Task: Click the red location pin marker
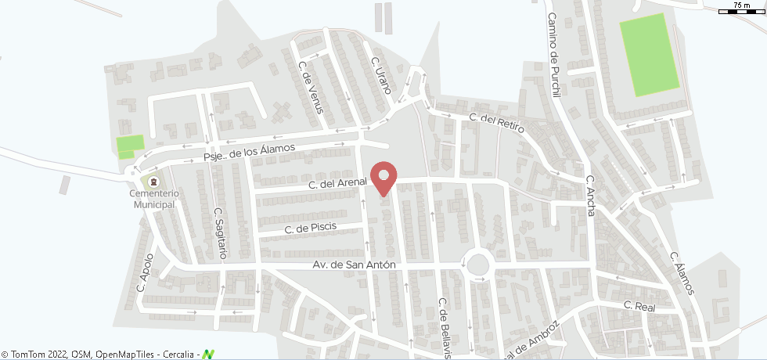click(383, 177)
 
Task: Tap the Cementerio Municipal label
click(154, 199)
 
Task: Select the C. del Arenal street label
click(337, 185)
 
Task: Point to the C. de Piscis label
click(311, 229)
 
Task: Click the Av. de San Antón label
click(354, 265)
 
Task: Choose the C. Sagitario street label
click(220, 232)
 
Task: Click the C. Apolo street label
click(146, 272)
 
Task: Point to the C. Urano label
click(380, 75)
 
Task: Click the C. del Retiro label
click(495, 123)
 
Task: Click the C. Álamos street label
click(681, 273)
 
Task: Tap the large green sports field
click(649, 53)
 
